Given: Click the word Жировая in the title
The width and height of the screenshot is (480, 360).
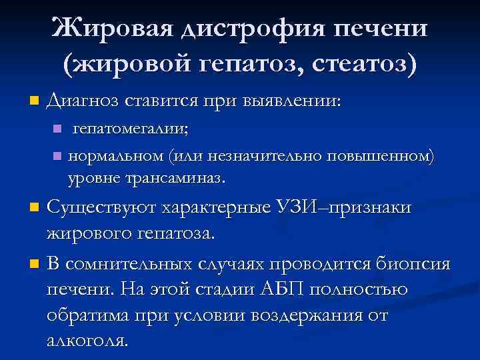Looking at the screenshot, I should coord(113,29).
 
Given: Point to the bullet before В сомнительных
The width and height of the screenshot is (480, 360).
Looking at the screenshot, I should coord(35,265).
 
